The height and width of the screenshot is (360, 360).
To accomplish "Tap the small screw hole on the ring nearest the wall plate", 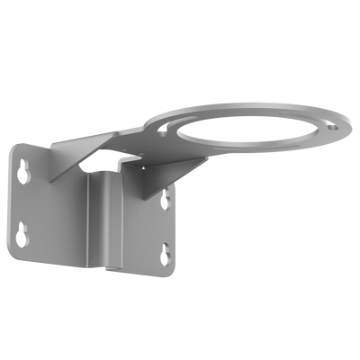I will (164, 131).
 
